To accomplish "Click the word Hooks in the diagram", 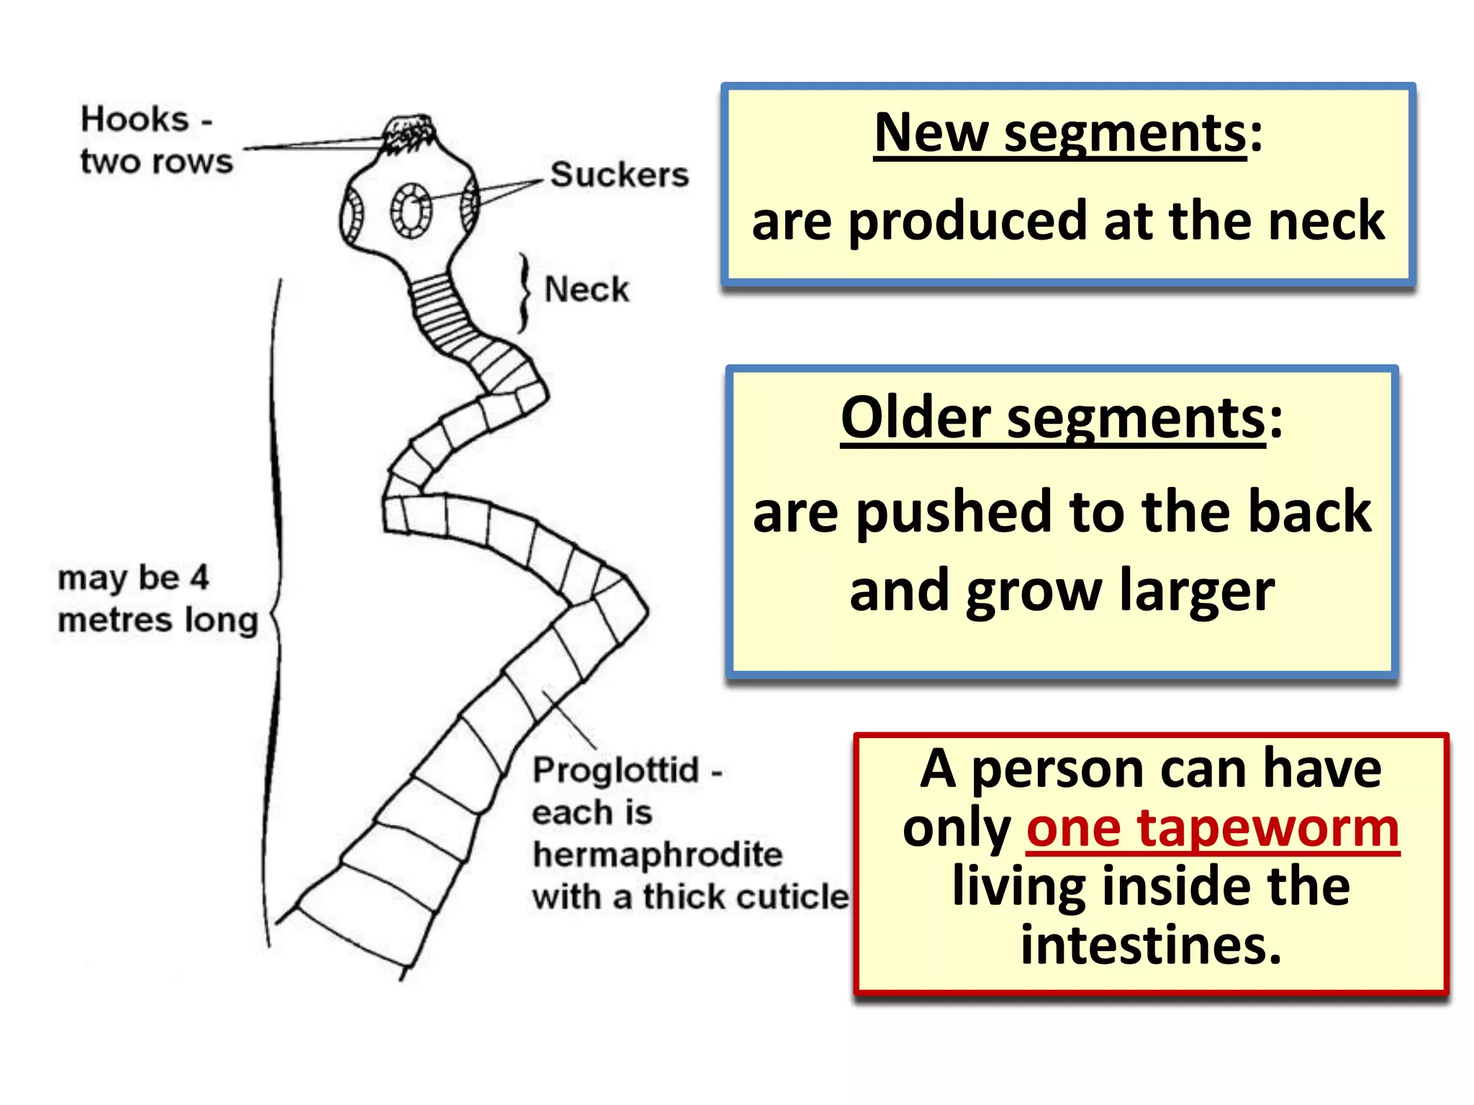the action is [135, 119].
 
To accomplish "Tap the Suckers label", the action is [619, 175].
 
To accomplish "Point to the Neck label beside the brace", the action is [586, 290].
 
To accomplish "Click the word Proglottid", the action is [616, 770].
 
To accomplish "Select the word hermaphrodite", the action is [657, 855].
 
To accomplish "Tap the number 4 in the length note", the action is [199, 577].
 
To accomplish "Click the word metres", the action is [115, 620].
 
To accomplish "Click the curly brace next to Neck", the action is [525, 293].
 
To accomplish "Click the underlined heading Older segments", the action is [1052, 419].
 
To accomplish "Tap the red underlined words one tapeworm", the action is [1213, 829].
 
